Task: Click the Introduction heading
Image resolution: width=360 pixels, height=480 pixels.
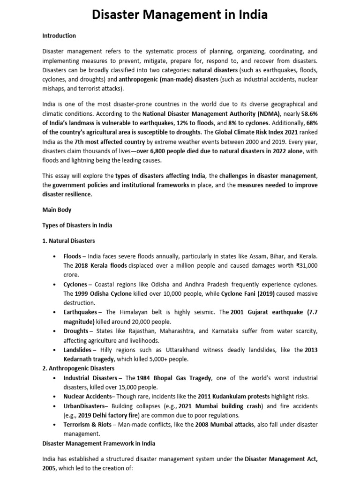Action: (x=59, y=36)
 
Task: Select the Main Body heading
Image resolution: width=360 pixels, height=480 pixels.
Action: (x=57, y=210)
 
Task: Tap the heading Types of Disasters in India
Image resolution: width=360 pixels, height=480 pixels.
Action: (x=77, y=225)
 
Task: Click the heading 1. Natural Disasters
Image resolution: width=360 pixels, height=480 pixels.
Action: (x=68, y=241)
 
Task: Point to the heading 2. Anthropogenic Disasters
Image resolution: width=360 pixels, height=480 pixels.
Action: (x=78, y=368)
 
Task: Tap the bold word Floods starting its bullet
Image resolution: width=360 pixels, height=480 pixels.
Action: (x=72, y=256)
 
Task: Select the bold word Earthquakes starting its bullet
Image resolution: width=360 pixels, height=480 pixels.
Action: (x=80, y=312)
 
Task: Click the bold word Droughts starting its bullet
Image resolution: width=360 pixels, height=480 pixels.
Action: (x=76, y=331)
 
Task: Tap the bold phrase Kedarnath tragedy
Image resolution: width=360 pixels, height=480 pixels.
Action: (x=90, y=360)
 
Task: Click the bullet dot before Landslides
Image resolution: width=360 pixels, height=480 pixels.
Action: (x=54, y=350)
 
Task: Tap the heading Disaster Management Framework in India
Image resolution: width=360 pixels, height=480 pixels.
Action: (x=99, y=443)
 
